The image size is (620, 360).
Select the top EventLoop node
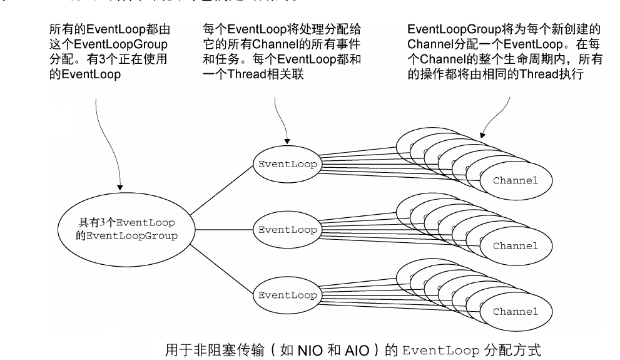(x=287, y=164)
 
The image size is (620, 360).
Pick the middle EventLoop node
(x=287, y=230)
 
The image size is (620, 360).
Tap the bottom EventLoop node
(x=287, y=294)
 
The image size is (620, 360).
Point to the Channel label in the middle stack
(x=515, y=246)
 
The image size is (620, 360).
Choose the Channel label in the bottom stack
(x=515, y=311)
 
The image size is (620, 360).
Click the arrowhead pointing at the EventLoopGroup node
(x=120, y=187)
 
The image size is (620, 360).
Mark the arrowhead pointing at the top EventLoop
(x=287, y=141)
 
